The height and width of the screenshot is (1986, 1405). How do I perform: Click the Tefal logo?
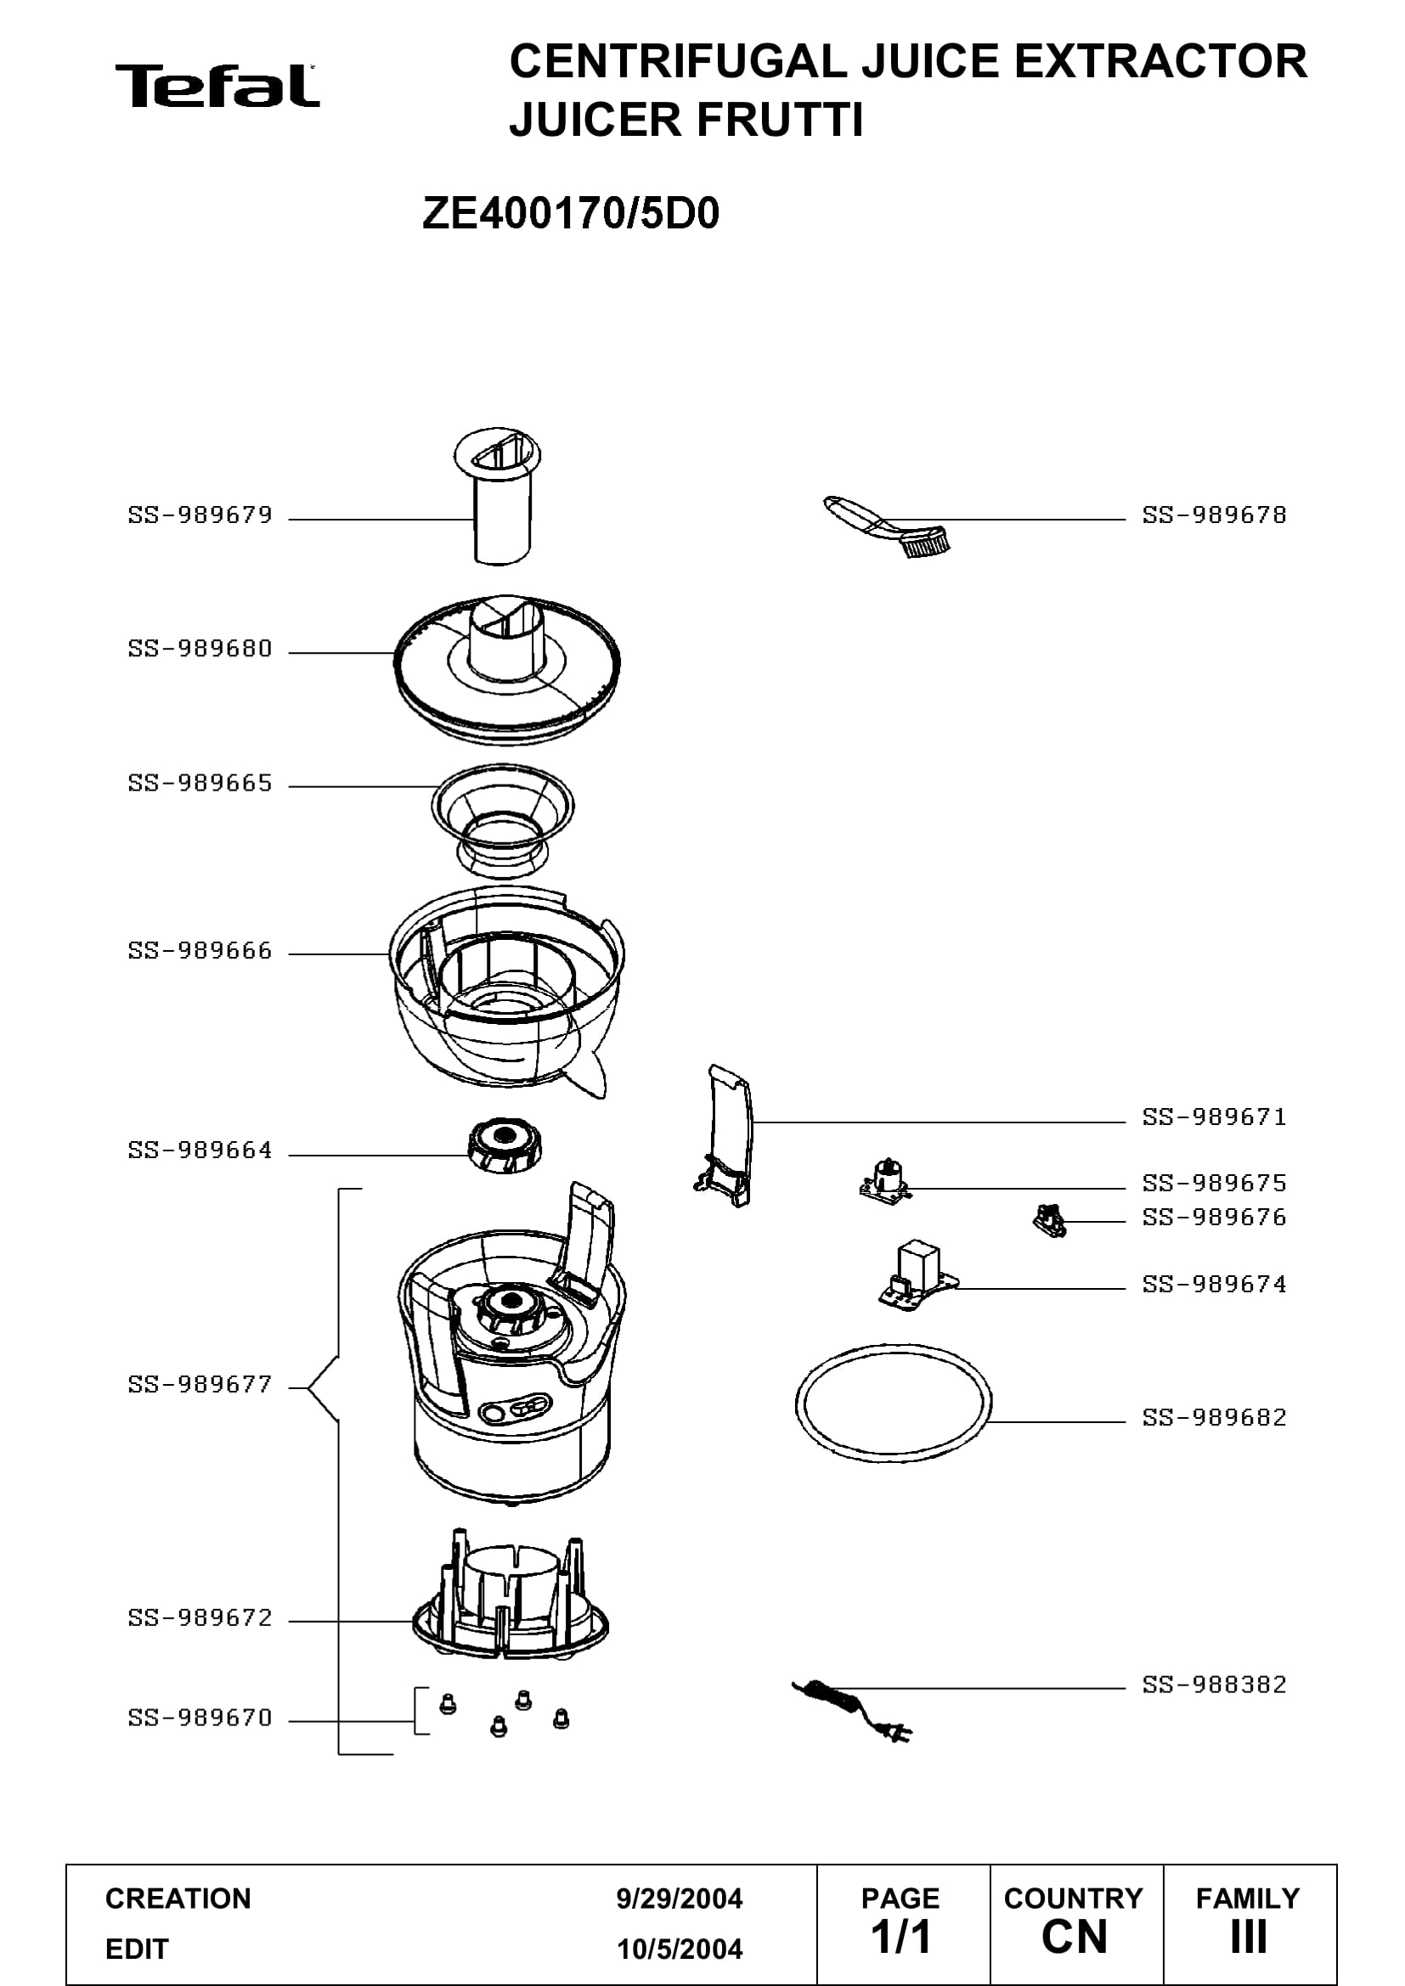coord(217,86)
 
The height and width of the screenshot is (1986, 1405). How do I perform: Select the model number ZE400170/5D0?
coord(570,214)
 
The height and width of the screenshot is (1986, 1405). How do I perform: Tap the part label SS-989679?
coord(200,515)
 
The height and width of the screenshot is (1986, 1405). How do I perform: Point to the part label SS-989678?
coord(1214,515)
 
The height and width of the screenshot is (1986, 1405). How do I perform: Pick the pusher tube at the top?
coord(499,496)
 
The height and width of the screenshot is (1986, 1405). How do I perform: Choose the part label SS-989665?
coord(200,784)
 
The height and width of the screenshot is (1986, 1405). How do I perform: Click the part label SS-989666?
coord(200,952)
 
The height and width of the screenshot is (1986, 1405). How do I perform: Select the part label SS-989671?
coord(1214,1117)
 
